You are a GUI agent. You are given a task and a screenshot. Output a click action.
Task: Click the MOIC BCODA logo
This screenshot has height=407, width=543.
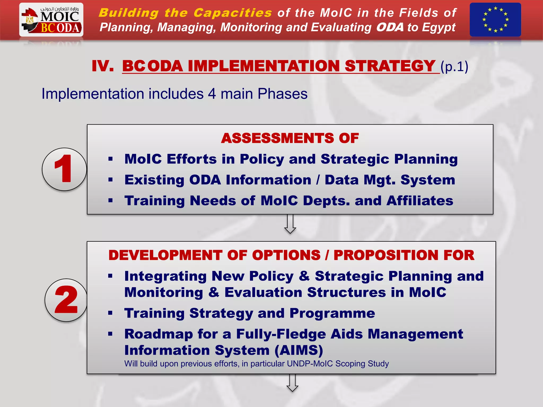click(x=51, y=20)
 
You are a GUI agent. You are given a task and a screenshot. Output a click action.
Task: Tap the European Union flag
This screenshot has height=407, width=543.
click(x=495, y=20)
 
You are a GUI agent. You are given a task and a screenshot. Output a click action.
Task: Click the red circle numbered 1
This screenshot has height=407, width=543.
click(x=64, y=169)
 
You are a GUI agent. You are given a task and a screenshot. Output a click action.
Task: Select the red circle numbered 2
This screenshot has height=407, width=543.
click(x=66, y=300)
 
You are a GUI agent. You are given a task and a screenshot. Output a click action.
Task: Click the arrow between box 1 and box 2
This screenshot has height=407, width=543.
click(x=290, y=224)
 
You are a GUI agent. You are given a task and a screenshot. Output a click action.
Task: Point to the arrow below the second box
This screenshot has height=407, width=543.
click(x=292, y=383)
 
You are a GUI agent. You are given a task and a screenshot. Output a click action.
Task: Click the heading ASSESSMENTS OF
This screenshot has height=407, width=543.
click(x=290, y=138)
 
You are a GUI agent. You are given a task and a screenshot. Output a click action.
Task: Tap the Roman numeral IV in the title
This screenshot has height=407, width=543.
click(x=103, y=66)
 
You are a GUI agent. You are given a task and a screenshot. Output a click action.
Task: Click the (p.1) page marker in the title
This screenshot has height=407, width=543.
click(x=454, y=67)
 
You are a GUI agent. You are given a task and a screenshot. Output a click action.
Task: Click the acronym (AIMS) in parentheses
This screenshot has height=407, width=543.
click(x=299, y=350)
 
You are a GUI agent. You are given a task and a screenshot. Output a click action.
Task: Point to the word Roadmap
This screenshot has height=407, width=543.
click(x=159, y=334)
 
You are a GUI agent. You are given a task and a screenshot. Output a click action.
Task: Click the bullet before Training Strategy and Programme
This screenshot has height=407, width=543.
click(x=111, y=313)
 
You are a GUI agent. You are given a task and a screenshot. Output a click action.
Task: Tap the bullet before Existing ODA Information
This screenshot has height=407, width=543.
click(x=111, y=180)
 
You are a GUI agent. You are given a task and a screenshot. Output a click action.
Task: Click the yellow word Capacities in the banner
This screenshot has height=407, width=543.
click(x=233, y=13)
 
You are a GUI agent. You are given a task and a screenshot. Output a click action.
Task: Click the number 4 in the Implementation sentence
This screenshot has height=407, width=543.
click(x=212, y=94)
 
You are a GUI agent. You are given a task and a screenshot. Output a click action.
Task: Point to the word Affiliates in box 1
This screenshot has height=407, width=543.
click(x=420, y=201)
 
